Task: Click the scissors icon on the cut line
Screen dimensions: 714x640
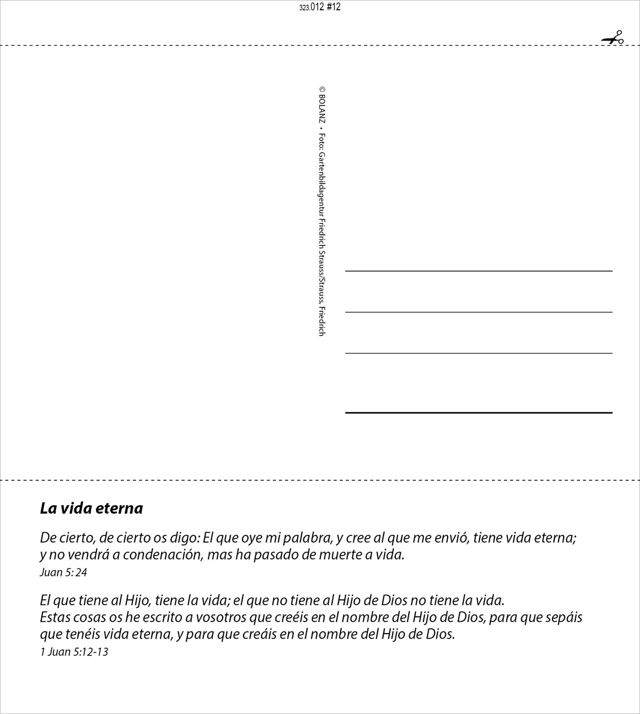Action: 613,38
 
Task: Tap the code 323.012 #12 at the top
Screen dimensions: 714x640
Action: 320,7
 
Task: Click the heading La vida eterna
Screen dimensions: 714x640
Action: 91,508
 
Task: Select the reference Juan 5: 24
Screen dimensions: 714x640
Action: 64,572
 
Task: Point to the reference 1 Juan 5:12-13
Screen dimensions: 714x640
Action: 74,652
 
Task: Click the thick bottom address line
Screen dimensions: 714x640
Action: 478,413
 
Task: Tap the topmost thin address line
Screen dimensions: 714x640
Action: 478,271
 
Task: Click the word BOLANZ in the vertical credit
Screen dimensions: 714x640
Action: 322,109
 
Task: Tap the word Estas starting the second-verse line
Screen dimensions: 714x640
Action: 54,617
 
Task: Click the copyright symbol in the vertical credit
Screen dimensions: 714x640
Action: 322,89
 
